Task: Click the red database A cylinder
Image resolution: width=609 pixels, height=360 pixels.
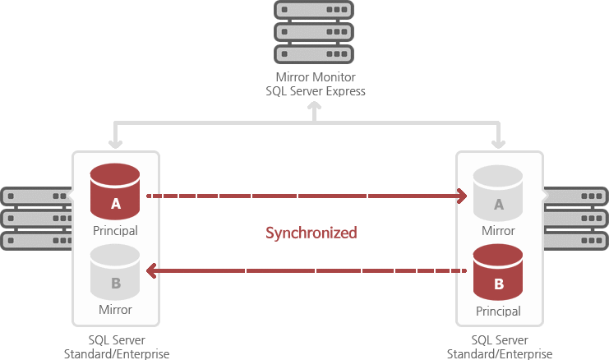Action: [115, 192]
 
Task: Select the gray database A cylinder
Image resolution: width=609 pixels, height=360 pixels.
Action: [497, 193]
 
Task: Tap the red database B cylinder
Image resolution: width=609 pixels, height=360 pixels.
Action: [498, 273]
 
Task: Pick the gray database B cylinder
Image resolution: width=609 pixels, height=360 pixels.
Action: [115, 271]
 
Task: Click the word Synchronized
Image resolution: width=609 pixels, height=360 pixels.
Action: [311, 233]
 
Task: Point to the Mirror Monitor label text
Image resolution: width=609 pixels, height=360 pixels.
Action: [315, 77]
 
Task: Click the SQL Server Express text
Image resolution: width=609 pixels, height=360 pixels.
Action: [315, 91]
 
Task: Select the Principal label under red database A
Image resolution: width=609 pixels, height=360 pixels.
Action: [115, 230]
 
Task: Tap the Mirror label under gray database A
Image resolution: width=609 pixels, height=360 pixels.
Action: [498, 231]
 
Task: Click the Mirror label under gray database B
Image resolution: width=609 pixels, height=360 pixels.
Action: [115, 310]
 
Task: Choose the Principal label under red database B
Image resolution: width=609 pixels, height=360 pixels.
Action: [498, 312]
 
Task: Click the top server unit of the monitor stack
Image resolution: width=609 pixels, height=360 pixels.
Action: [315, 11]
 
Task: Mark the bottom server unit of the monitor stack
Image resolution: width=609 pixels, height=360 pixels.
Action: [315, 53]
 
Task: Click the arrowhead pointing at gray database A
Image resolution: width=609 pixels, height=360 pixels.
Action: [463, 196]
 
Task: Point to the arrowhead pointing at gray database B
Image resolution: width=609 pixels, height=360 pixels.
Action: [151, 270]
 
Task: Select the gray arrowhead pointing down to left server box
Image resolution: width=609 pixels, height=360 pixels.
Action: [115, 143]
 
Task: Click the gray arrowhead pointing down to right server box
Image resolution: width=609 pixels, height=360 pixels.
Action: [498, 143]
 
